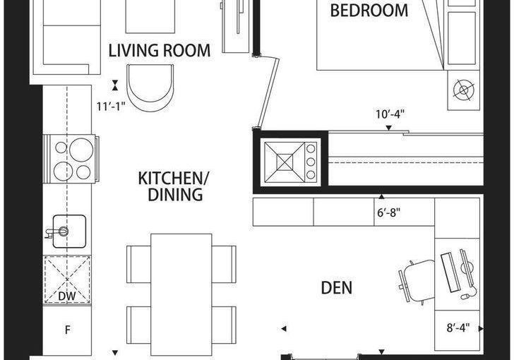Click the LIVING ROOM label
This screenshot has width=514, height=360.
coord(160,50)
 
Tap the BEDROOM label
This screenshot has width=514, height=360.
coord(369,10)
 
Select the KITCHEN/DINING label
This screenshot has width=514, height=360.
coord(174,186)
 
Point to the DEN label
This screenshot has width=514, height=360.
coord(337,287)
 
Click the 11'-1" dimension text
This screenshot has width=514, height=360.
coord(111,107)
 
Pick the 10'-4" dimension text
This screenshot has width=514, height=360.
coord(390,114)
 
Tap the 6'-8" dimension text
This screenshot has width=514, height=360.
coord(389,212)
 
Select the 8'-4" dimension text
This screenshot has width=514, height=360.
coord(458,328)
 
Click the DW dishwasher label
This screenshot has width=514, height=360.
coord(67,296)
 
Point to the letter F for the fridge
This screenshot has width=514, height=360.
coord(68,330)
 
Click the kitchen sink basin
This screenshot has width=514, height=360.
coord(69,231)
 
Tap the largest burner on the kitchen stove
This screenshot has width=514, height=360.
coord(81,150)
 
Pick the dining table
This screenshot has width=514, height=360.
coord(181,295)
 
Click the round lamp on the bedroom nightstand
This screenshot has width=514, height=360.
coord(464,90)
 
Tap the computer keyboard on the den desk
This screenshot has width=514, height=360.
coord(449,272)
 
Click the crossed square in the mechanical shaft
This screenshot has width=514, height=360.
coord(285,162)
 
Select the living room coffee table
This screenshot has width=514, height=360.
coord(150,16)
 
